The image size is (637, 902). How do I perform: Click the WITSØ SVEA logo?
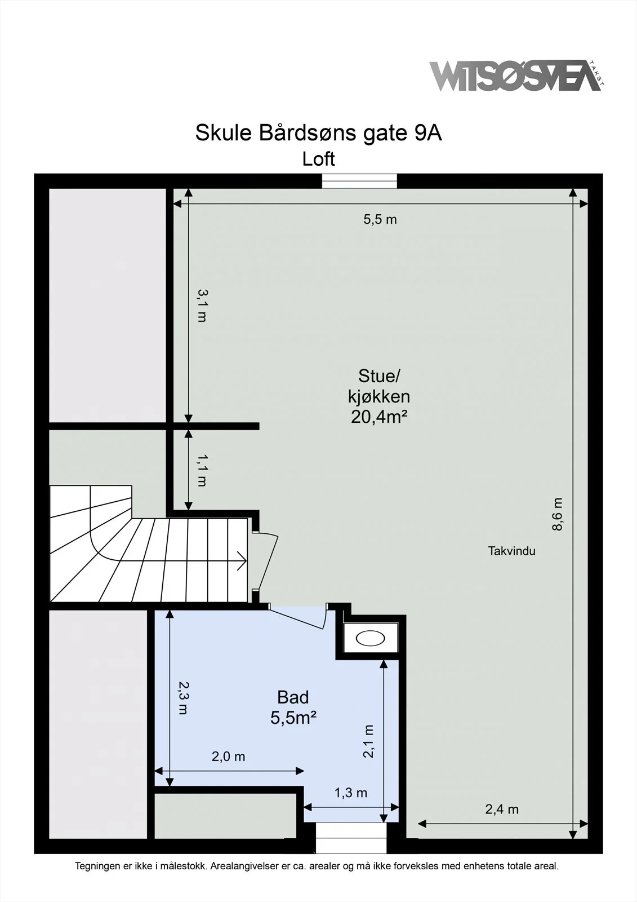(516, 76)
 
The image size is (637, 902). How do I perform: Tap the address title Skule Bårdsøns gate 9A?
(319, 133)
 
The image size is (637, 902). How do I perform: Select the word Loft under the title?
(319, 159)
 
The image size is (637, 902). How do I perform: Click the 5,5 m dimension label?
(380, 219)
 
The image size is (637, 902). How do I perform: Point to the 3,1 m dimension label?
(202, 306)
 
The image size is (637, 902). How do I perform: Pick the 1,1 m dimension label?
(202, 470)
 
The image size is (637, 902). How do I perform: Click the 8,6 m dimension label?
(557, 514)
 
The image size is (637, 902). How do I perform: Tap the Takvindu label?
(512, 551)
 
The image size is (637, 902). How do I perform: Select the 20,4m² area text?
(379, 417)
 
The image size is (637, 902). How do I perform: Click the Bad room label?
(293, 697)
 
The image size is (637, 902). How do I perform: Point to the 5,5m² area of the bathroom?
(293, 718)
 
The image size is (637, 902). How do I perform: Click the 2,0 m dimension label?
(229, 757)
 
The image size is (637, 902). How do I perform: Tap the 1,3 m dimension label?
(351, 793)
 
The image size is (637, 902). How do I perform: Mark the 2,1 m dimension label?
(368, 741)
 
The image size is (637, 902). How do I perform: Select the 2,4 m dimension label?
(502, 810)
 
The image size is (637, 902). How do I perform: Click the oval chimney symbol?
(370, 638)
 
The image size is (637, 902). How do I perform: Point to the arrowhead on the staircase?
(242, 560)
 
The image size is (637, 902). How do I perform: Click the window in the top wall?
(359, 181)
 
